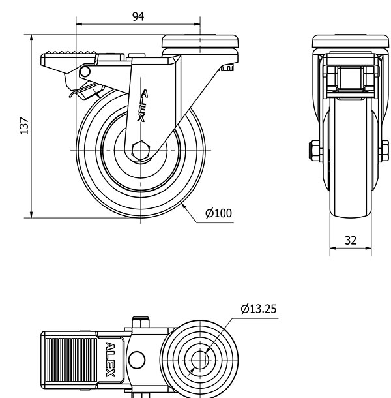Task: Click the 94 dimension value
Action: pyautogui.click(x=138, y=16)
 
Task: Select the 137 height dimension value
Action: pyautogui.click(x=24, y=126)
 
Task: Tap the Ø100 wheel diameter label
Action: pyautogui.click(x=218, y=213)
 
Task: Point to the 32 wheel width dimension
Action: pyautogui.click(x=351, y=240)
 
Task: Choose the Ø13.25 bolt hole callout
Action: pyautogui.click(x=259, y=309)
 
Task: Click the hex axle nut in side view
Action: pyautogui.click(x=141, y=151)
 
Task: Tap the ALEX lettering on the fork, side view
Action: pyautogui.click(x=143, y=105)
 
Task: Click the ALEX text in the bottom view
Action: pyautogui.click(x=110, y=360)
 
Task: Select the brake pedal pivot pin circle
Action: pyautogui.click(x=85, y=72)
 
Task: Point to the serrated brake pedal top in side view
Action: pyautogui.click(x=69, y=54)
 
